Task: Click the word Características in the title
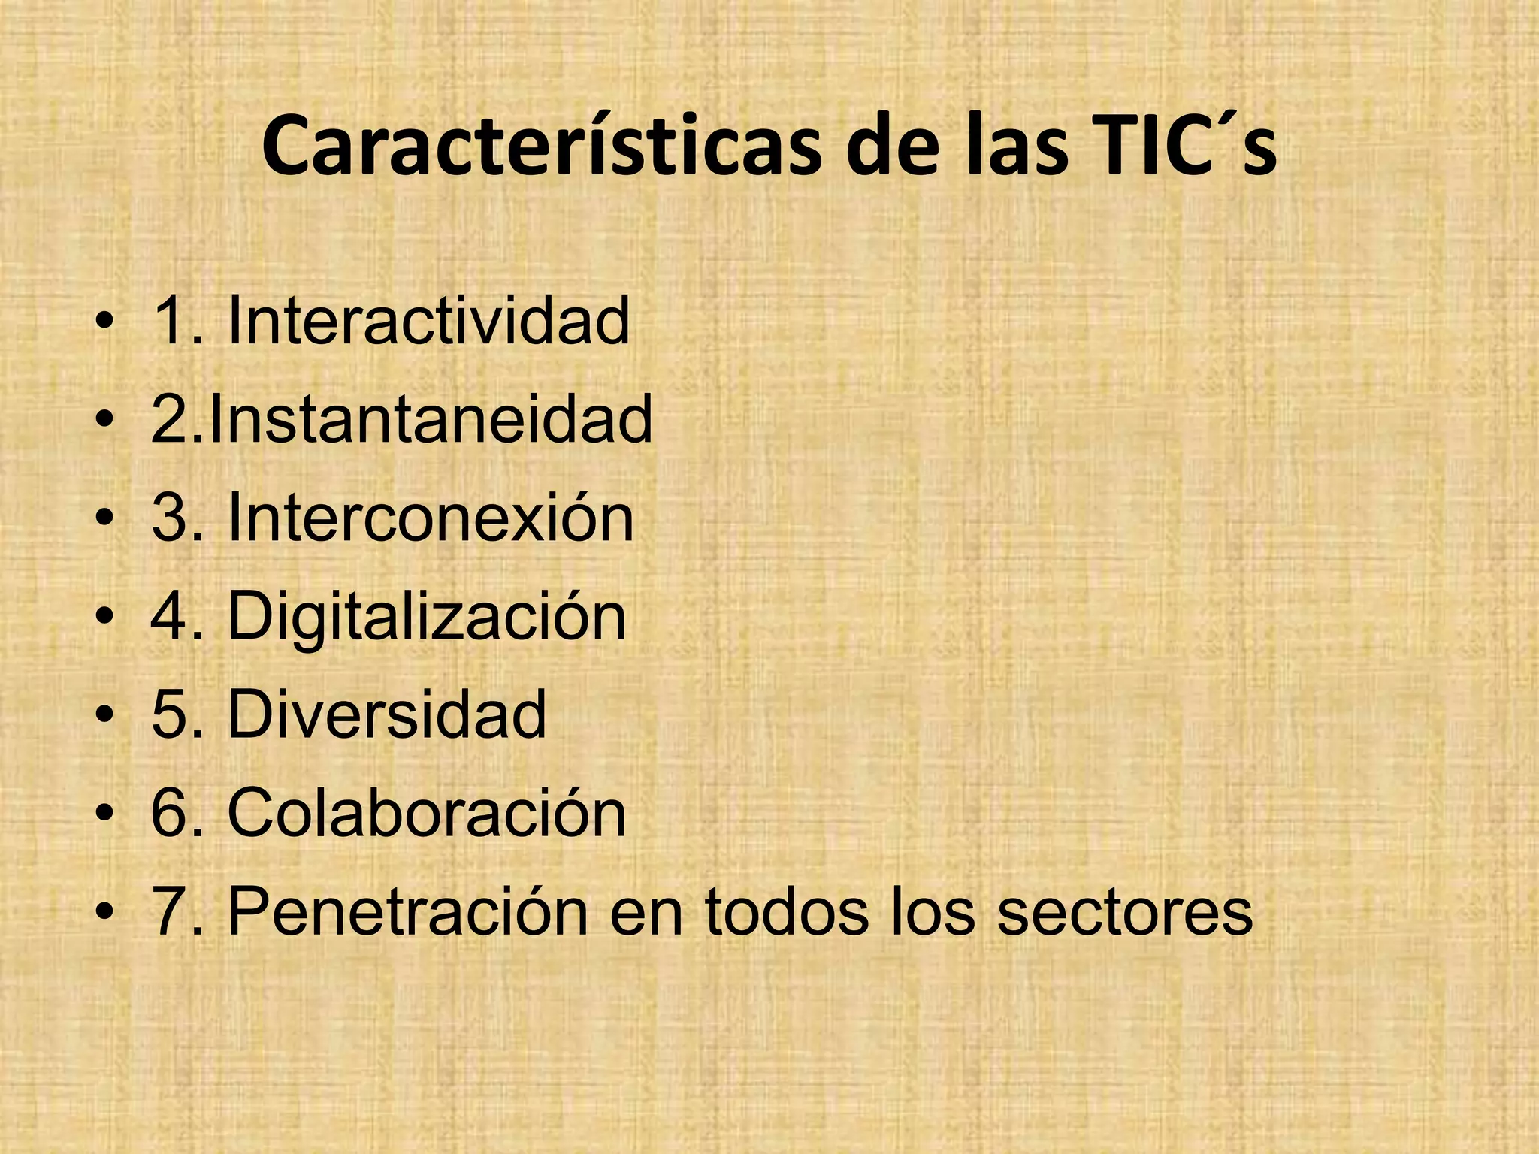(x=541, y=147)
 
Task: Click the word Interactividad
(x=428, y=322)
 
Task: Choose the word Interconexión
(x=430, y=518)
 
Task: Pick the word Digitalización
(x=426, y=618)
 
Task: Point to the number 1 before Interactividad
(x=170, y=322)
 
